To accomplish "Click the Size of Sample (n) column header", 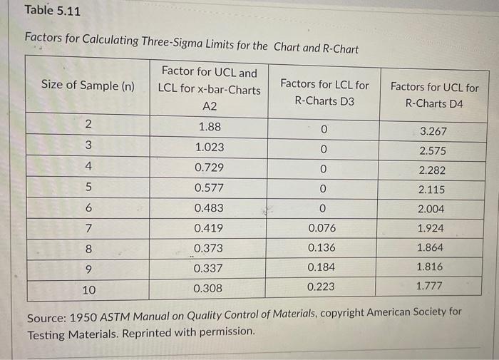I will coord(88,86).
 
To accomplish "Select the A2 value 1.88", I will coord(209,127).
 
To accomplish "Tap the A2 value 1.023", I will coord(209,147).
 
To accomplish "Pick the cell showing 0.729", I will coord(209,168).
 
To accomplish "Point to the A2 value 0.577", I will coord(209,188).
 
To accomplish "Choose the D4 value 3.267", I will coord(433,132).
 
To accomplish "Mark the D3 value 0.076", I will coord(323,228).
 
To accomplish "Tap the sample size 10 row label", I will coord(88,290).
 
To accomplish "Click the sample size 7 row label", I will coord(88,228).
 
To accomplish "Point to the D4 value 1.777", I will coord(430,286).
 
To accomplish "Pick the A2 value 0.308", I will coord(208,289).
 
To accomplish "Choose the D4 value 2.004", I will coord(431,209).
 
